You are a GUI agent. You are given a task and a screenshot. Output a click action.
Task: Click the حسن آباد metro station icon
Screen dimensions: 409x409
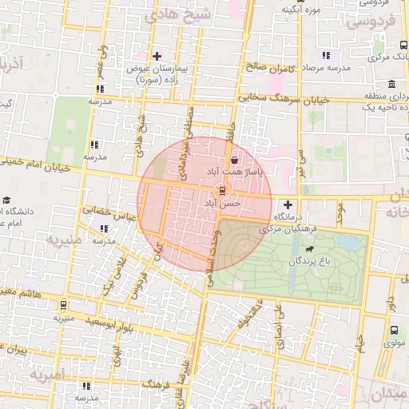tap(223, 190)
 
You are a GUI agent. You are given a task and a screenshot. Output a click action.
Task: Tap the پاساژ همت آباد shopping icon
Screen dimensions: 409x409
tap(232, 159)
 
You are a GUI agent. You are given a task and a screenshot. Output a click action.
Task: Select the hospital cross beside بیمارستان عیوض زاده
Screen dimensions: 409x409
tap(157, 56)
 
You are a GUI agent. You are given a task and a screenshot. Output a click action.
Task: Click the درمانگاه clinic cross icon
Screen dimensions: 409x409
tap(288, 204)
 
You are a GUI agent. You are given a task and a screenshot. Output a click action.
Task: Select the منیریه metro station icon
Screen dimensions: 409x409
tap(63, 305)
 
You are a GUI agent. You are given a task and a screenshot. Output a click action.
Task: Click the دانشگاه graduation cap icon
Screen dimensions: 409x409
tap(7, 200)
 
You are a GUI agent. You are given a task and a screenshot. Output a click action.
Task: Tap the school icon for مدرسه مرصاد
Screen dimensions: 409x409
tap(325, 55)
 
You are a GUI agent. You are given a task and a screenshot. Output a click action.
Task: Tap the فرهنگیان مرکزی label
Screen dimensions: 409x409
tap(288, 228)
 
